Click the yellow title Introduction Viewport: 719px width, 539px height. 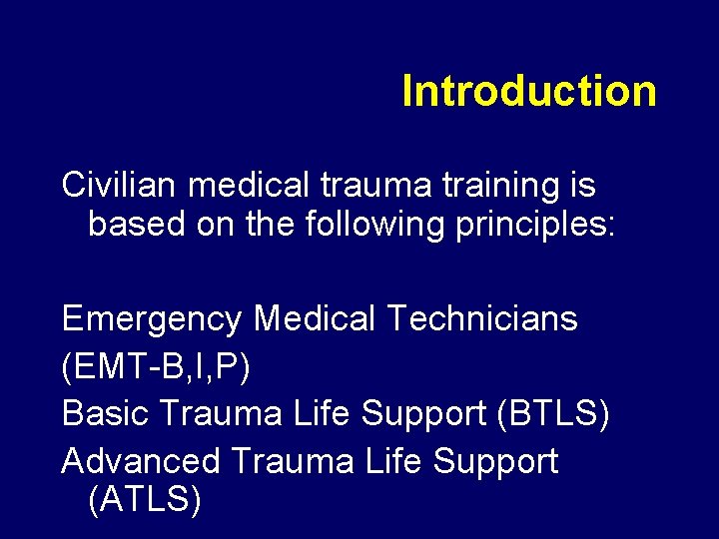click(528, 91)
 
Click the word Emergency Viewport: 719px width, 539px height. click(152, 320)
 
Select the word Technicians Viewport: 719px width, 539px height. click(481, 318)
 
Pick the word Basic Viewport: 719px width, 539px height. click(102, 413)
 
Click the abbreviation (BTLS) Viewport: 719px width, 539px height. click(552, 413)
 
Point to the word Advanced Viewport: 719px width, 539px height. click(141, 461)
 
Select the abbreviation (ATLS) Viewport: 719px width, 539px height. click(145, 498)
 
